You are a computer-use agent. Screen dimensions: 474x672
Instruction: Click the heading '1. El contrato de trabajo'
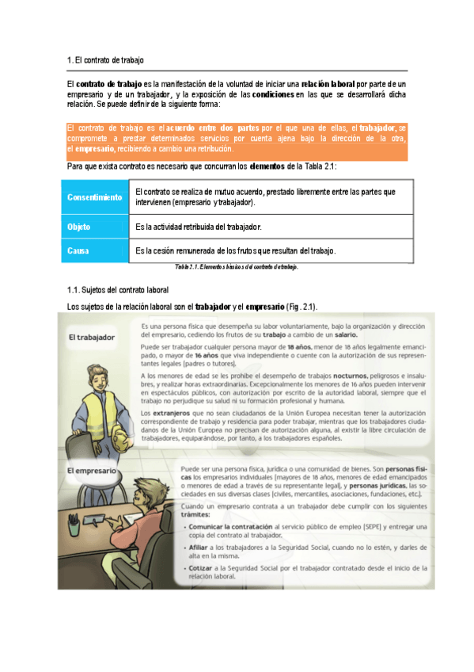point(105,60)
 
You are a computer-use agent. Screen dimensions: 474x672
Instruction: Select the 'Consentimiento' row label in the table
point(94,197)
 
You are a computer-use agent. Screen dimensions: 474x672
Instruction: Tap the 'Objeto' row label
point(78,227)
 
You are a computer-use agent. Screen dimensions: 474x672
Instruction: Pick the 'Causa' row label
point(77,250)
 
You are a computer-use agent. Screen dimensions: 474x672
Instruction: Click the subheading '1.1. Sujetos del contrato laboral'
point(118,292)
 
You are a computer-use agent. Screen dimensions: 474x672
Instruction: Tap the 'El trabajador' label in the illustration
point(89,337)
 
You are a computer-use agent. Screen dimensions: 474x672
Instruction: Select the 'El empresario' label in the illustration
point(90,471)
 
